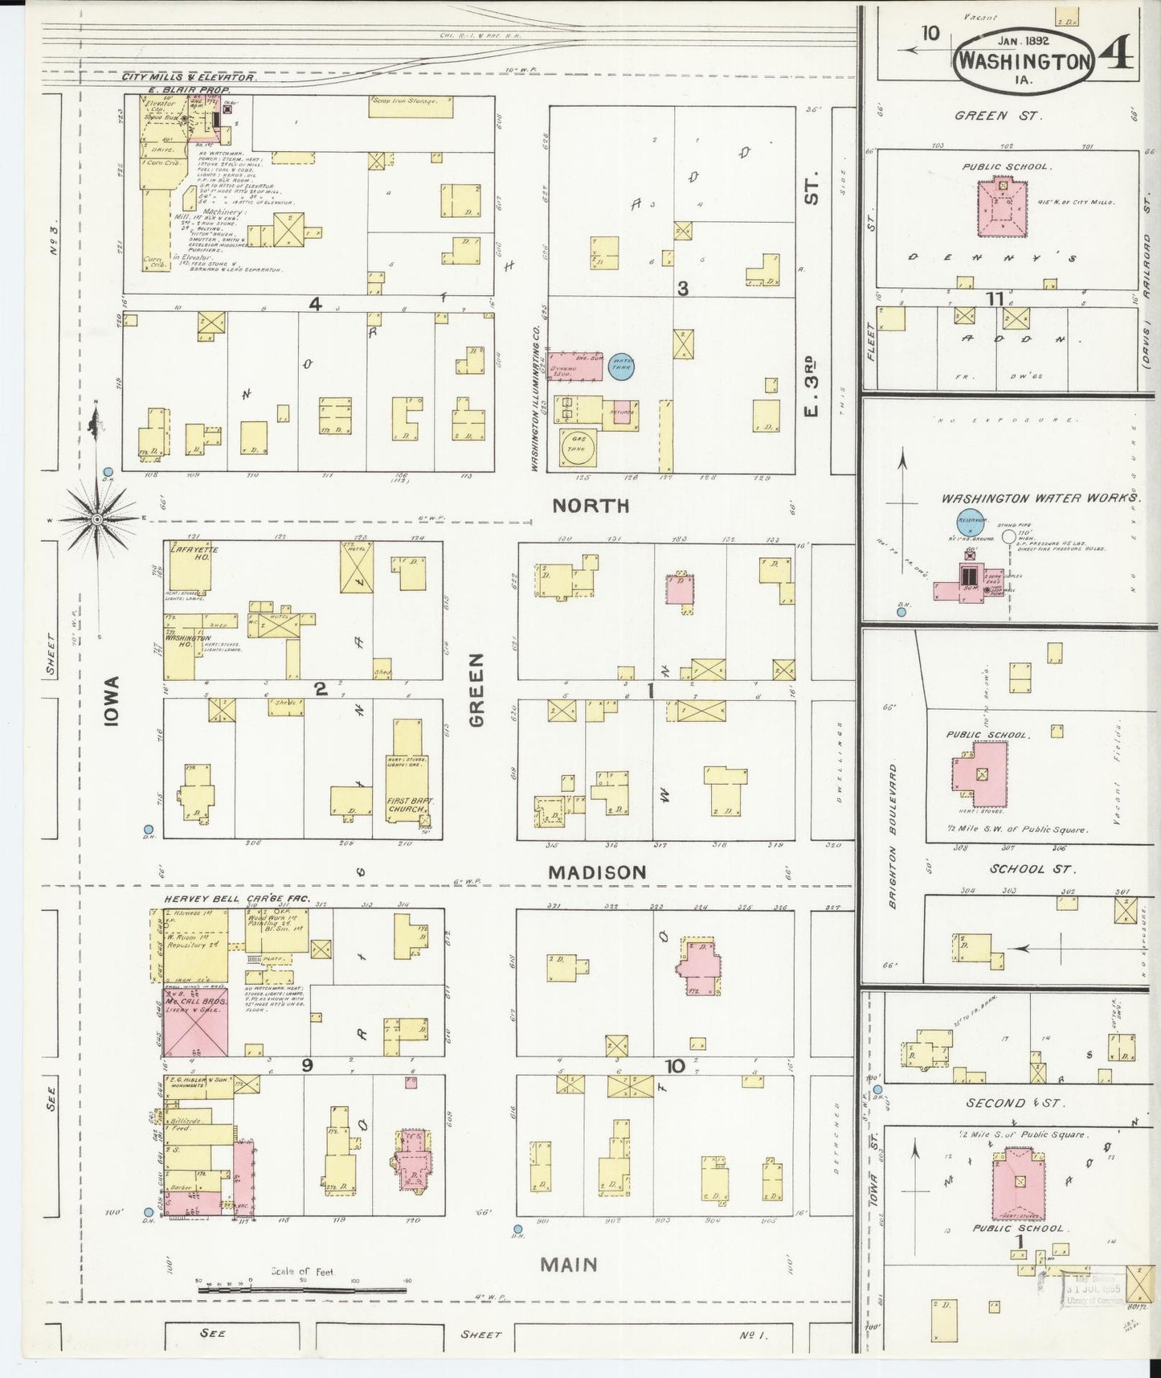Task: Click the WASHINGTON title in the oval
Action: [1026, 62]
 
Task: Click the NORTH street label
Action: [591, 506]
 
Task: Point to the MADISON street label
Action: [597, 872]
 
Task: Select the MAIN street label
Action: [568, 1265]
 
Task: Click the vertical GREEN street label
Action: [477, 690]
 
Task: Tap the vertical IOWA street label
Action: [110, 701]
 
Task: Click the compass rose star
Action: [96, 519]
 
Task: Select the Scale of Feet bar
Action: [302, 1291]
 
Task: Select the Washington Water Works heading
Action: [1040, 498]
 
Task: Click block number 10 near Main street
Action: [673, 1066]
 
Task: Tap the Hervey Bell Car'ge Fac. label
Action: [236, 898]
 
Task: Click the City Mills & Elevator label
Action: [189, 77]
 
